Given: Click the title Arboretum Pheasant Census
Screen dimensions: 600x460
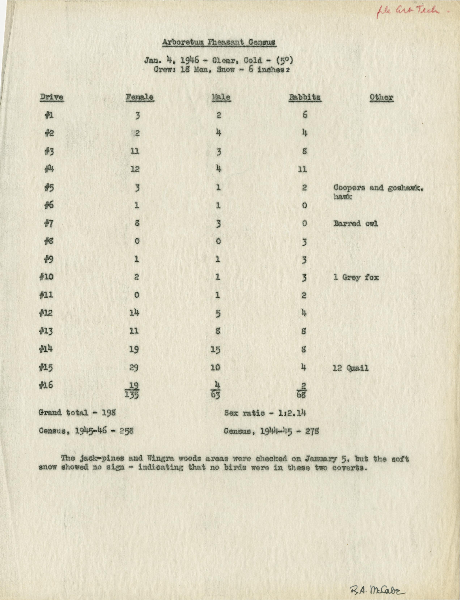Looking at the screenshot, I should click(219, 43).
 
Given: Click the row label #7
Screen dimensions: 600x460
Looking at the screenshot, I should click(49, 224).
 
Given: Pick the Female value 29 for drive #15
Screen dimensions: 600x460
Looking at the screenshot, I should click(134, 367).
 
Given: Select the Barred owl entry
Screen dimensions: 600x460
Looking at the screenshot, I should click(355, 224).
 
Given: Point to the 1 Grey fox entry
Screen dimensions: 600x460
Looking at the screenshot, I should click(356, 277).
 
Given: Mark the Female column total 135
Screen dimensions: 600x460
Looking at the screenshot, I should click(132, 395).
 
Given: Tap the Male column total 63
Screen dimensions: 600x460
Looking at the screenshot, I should click(216, 395).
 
